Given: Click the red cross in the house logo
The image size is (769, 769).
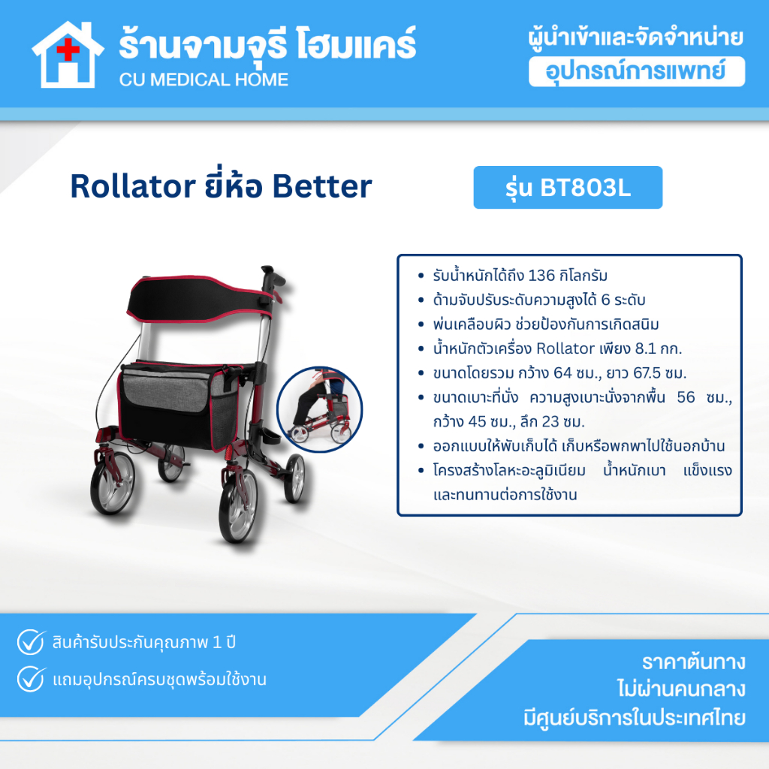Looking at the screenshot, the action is click(68, 50).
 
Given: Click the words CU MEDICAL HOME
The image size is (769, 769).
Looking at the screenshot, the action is click(204, 80).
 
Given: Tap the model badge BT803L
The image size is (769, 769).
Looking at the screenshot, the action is click(568, 187).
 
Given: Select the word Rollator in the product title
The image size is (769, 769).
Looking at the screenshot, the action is click(133, 186).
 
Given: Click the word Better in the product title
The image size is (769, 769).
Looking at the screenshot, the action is click(321, 186).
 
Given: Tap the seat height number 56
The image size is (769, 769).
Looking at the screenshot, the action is click(686, 397).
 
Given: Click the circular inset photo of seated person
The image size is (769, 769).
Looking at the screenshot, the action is click(319, 409).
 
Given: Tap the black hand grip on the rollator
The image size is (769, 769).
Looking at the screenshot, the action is click(272, 278).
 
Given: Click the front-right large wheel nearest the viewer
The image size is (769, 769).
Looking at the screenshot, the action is click(238, 505).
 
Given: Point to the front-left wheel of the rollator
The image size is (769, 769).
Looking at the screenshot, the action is click(113, 483).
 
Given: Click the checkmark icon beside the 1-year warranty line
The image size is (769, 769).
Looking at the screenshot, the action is click(31, 642).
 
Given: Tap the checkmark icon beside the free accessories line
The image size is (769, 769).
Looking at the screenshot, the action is click(31, 679).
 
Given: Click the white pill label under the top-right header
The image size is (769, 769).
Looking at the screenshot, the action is click(637, 71).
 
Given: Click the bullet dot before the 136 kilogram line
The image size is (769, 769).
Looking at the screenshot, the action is click(421, 276).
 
